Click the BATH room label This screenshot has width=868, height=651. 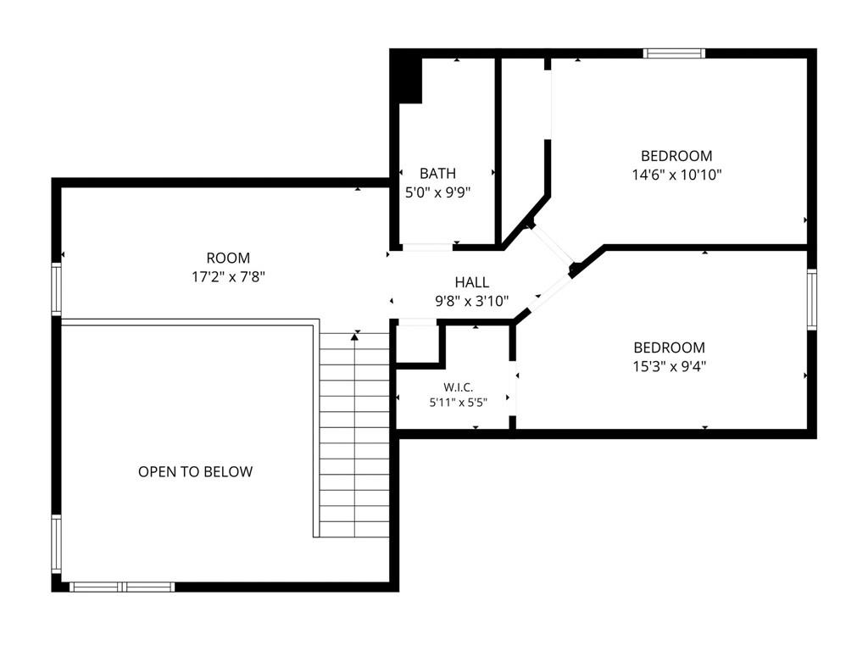438,173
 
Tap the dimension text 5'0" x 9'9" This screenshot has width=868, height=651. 438,192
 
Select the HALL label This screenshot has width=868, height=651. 471,282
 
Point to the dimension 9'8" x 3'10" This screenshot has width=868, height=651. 471,301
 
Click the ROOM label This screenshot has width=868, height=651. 228,258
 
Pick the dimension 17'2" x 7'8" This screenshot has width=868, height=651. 228,277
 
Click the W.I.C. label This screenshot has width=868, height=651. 459,387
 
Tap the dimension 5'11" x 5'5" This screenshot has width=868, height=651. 459,403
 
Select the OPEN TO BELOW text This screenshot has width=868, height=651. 196,471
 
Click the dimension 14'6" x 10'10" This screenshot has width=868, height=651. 676,175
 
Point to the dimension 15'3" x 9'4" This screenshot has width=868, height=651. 670,366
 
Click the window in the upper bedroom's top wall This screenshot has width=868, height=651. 674,53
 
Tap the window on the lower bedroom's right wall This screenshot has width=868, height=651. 811,299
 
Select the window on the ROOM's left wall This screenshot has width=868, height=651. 57,289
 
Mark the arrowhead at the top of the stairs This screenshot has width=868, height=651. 354,337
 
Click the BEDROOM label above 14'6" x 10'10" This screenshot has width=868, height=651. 676,156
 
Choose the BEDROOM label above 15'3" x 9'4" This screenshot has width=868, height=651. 670,348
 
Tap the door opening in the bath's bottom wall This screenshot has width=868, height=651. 427,247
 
